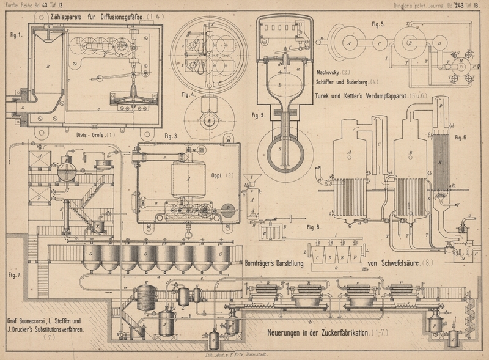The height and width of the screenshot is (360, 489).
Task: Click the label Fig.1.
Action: click(15, 35)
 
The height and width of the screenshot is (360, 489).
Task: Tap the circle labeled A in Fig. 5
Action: click(350, 43)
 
